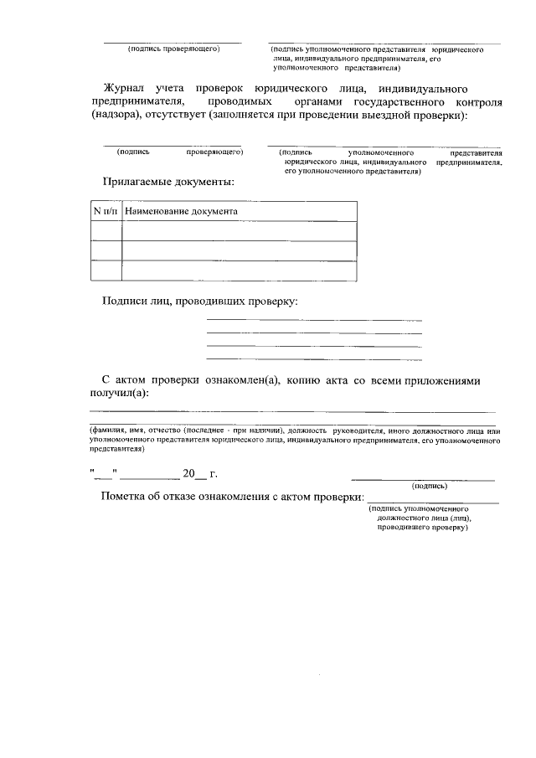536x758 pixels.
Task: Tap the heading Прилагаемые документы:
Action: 167,181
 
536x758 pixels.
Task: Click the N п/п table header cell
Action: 106,212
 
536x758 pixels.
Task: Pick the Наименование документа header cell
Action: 181,212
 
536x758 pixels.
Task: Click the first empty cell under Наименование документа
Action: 240,231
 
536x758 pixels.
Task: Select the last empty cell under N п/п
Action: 106,270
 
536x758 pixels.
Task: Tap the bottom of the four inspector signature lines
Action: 314,358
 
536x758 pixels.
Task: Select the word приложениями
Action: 442,381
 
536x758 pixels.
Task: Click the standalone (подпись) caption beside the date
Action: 429,486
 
